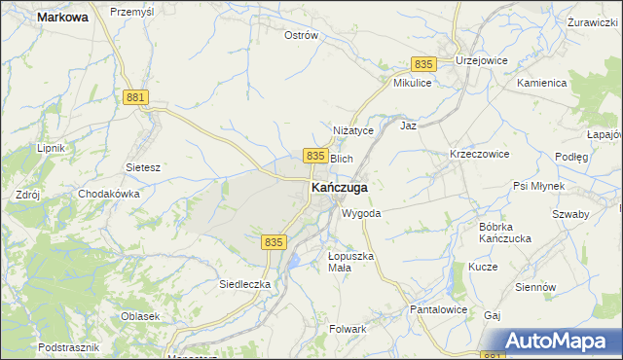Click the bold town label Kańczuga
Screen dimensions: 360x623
point(339,187)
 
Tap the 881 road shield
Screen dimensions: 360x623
point(136,97)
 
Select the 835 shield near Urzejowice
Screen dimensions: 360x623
point(422,63)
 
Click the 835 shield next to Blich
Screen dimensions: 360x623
point(313,156)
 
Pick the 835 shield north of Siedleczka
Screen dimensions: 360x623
point(273,241)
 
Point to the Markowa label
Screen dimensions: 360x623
point(62,18)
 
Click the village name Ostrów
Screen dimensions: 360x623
point(301,36)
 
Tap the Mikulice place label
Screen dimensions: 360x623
point(412,84)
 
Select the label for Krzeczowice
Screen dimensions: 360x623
point(479,155)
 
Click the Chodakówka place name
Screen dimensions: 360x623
point(109,194)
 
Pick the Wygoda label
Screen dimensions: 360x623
point(360,213)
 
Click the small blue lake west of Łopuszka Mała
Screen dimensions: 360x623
point(293,262)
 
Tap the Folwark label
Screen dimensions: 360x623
point(348,329)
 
